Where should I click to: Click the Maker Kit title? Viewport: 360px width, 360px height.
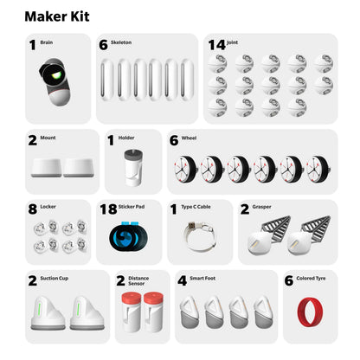[56, 16]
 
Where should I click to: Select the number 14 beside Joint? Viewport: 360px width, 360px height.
[215, 43]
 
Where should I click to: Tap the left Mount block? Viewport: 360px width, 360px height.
[46, 167]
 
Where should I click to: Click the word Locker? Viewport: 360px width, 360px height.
[51, 208]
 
